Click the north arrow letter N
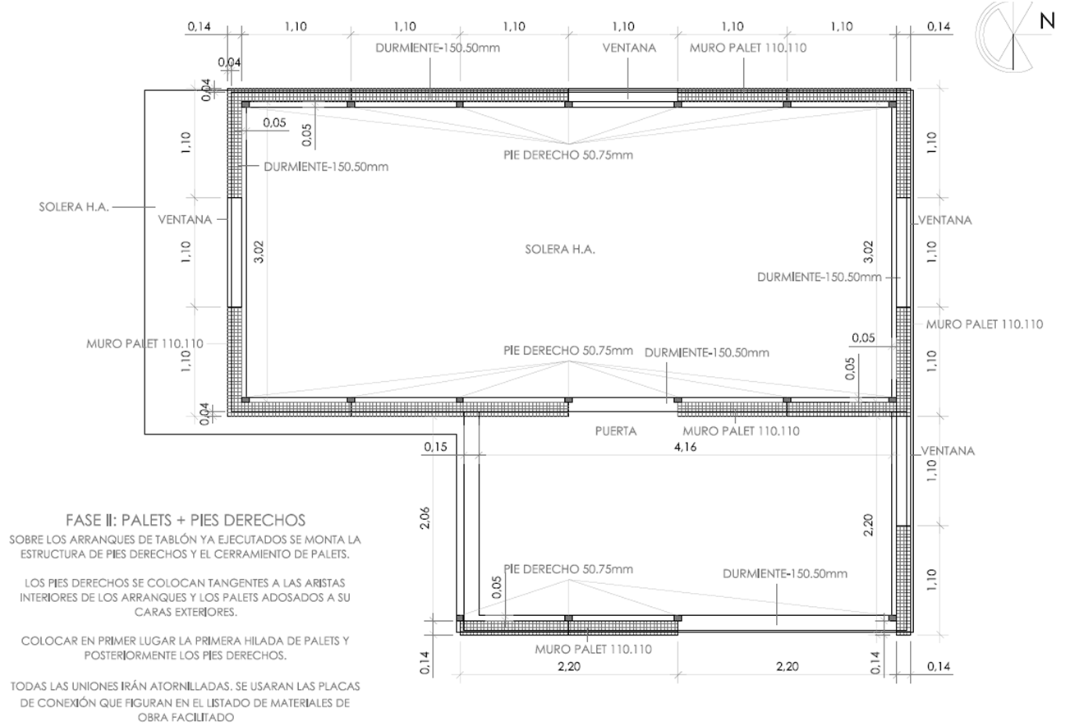[x=1046, y=21]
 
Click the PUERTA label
[x=616, y=431]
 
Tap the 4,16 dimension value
[x=685, y=447]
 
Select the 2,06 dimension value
[x=425, y=517]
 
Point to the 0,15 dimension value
[x=435, y=447]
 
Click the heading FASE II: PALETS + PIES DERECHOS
[x=186, y=520]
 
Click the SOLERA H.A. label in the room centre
[x=560, y=250]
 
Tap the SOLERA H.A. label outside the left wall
[x=74, y=207]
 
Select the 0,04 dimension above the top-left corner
[x=229, y=62]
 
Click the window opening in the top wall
[x=623, y=95]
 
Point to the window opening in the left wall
[x=235, y=252]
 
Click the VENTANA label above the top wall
[x=629, y=48]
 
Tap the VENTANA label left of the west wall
[x=185, y=220]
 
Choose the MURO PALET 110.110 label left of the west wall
[x=145, y=344]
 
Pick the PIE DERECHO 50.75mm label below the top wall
[x=568, y=155]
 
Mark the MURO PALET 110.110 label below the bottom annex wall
[x=593, y=650]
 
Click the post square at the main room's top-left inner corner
[x=246, y=104]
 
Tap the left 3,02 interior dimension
[x=259, y=252]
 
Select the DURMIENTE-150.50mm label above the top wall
[x=438, y=48]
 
